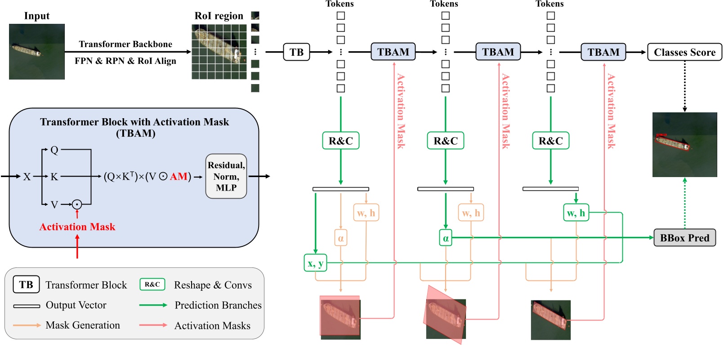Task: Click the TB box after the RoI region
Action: (296, 52)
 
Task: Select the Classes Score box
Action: (684, 52)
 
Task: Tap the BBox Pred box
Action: (684, 238)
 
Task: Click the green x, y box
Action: (315, 263)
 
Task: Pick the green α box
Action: (445, 238)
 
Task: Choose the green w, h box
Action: (576, 213)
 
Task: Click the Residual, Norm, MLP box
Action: (226, 176)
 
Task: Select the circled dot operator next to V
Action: (77, 204)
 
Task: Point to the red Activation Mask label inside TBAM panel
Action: (77, 227)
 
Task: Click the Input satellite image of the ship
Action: (36, 52)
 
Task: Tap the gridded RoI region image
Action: (219, 52)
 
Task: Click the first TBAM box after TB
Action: (393, 52)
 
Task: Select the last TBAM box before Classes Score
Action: (603, 52)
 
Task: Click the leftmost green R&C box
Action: (340, 141)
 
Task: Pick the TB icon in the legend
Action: (26, 284)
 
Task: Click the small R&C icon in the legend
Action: (152, 284)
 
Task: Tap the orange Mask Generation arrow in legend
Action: (27, 325)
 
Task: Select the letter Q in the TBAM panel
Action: (54, 150)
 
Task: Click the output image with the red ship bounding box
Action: (684, 144)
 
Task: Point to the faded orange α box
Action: (340, 238)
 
